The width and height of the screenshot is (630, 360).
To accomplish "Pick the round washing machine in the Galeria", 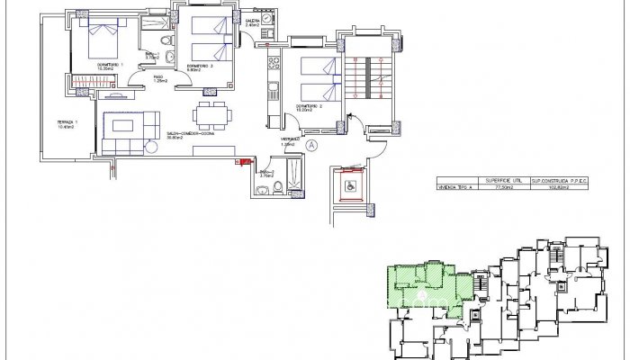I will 265,36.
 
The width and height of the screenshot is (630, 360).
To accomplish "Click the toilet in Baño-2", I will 279,186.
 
